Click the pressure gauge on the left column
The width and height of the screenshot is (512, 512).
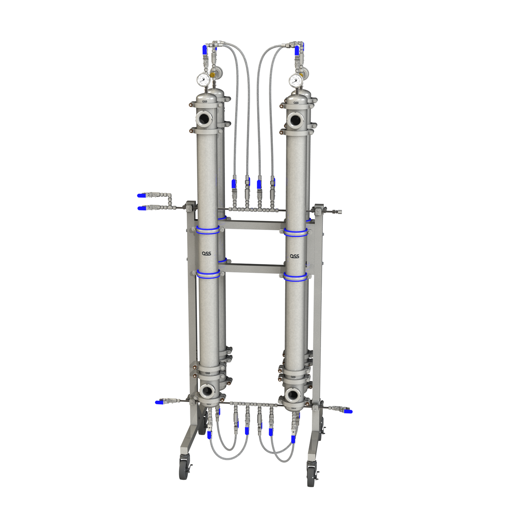click(203, 80)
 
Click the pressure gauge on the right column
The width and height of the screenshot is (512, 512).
click(295, 80)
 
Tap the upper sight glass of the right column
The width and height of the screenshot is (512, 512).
click(294, 120)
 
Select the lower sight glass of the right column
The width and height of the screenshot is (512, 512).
click(293, 394)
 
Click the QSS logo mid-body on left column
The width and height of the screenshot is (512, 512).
click(207, 253)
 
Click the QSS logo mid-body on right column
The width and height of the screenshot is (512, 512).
click(294, 256)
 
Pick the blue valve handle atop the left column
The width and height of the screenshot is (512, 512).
click(204, 50)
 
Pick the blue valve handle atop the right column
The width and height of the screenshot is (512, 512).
click(297, 50)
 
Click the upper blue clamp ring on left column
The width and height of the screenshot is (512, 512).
click(208, 230)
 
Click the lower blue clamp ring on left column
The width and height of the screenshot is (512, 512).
click(208, 274)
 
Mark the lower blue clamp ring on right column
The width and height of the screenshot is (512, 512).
click(295, 277)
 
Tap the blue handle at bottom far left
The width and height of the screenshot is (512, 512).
click(159, 402)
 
